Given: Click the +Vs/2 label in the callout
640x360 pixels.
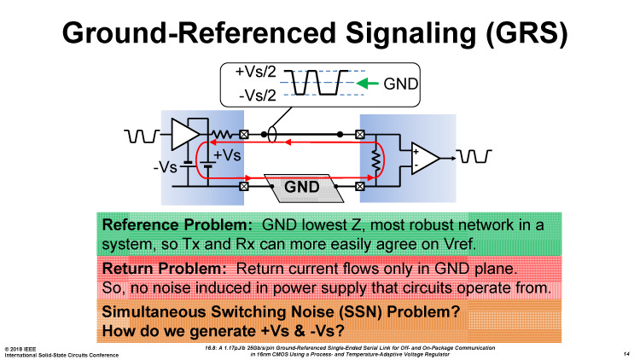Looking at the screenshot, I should click(253, 72).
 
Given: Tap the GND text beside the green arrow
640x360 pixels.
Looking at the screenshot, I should click(397, 84).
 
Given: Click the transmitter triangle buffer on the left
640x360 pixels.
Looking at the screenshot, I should click(182, 135).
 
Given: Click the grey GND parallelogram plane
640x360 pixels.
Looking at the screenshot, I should click(304, 185).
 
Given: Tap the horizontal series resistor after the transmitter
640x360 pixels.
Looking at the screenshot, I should click(224, 135).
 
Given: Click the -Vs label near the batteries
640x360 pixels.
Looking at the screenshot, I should click(165, 166).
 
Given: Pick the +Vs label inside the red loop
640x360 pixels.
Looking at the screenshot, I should click(227, 155).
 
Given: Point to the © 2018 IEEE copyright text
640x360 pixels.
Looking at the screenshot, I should click(25, 347).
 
